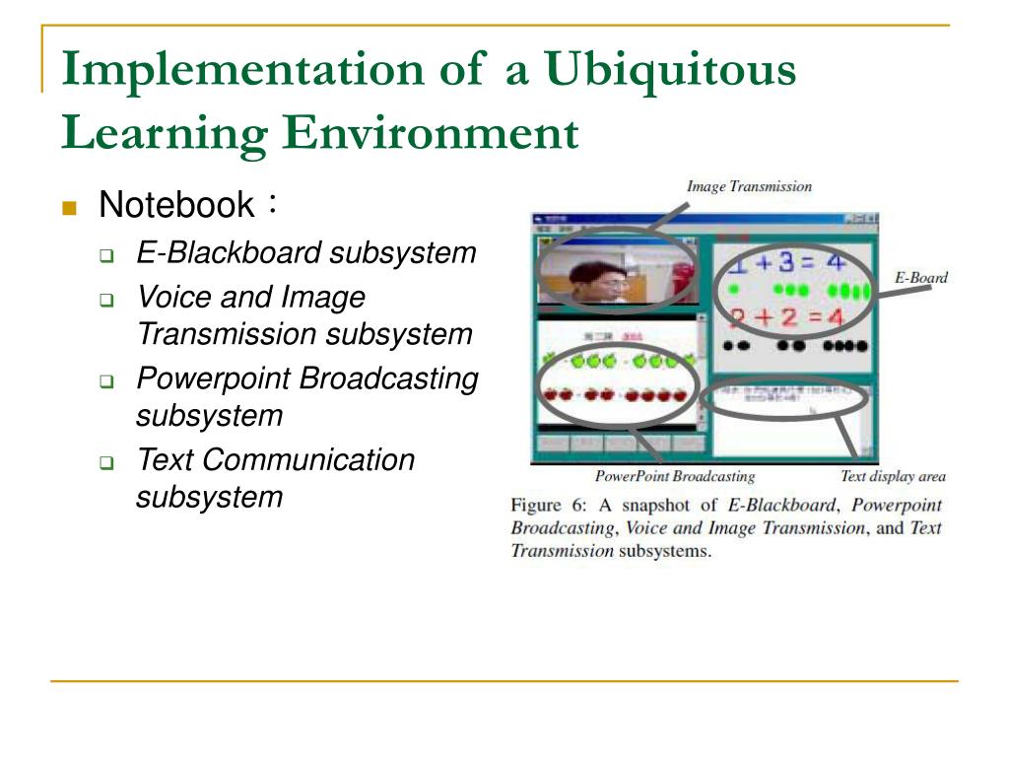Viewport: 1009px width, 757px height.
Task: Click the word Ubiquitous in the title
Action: pyautogui.click(x=671, y=71)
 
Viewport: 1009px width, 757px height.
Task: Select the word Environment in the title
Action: pyautogui.click(x=431, y=133)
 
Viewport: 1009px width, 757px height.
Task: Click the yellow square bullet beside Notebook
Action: pyautogui.click(x=69, y=207)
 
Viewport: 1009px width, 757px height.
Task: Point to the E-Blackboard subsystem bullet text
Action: pyautogui.click(x=305, y=253)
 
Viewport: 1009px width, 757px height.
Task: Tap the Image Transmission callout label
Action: pyautogui.click(x=749, y=186)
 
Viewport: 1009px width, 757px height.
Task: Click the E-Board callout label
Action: pyautogui.click(x=920, y=278)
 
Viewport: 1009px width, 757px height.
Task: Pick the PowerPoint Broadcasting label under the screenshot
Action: pyautogui.click(x=675, y=477)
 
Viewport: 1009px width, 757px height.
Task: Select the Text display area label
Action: pyautogui.click(x=892, y=477)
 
